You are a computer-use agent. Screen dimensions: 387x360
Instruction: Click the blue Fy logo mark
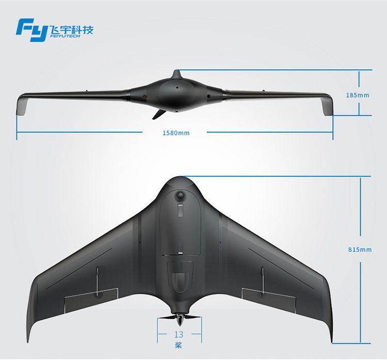coord(31,30)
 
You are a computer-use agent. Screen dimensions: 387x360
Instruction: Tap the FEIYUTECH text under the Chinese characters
coord(65,36)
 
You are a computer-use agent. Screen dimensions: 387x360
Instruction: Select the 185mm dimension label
coord(358,95)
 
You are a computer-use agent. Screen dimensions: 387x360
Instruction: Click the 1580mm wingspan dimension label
coord(176,133)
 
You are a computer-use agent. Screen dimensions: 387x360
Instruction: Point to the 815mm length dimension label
coord(360,249)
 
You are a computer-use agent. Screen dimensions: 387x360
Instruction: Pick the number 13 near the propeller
coord(179,335)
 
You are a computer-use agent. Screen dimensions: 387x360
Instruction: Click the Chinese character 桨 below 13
coord(179,345)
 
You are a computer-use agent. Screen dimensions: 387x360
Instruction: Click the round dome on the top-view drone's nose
coord(180,195)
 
